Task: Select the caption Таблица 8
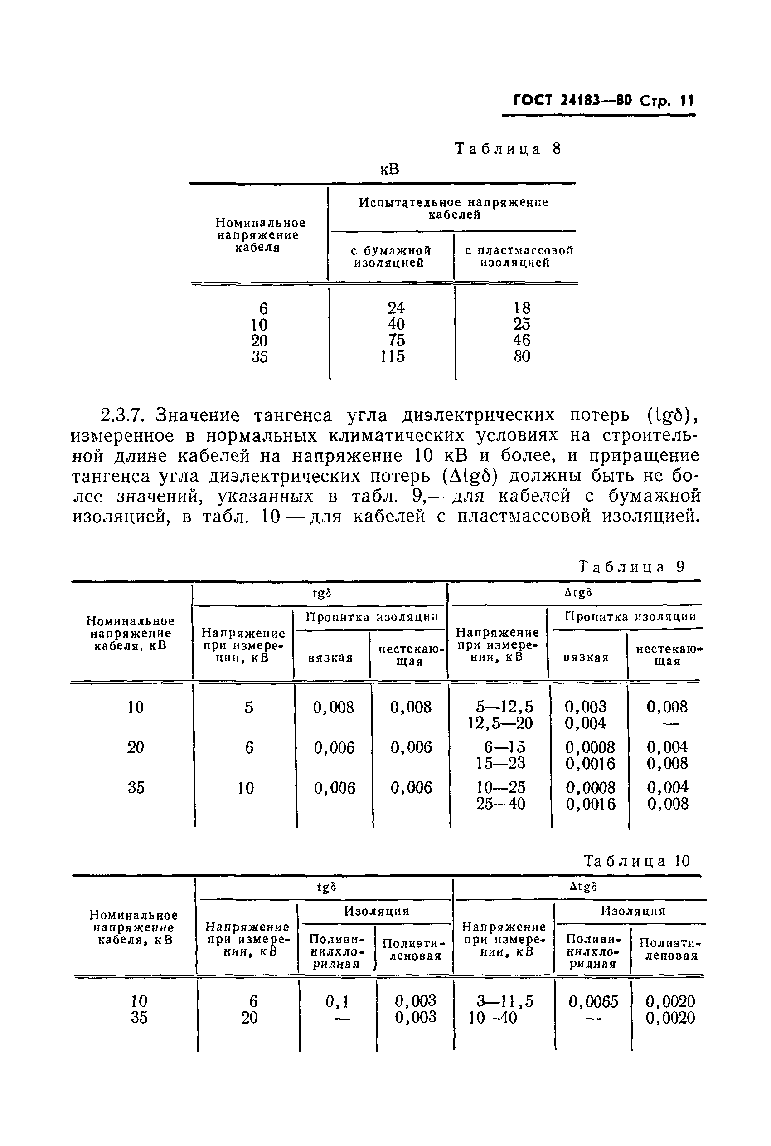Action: (508, 149)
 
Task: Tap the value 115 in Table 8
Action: (393, 356)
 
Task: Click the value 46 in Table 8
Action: (522, 340)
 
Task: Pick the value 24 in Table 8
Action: (396, 308)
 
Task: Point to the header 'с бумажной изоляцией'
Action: (390, 257)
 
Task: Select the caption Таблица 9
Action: (631, 566)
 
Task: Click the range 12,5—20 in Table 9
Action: (500, 723)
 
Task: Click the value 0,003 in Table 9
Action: (585, 707)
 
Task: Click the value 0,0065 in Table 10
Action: (593, 1002)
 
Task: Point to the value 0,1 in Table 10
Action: (337, 1001)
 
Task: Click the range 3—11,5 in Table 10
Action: (504, 1002)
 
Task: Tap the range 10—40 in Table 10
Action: (492, 1018)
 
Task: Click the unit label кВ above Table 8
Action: (389, 169)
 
